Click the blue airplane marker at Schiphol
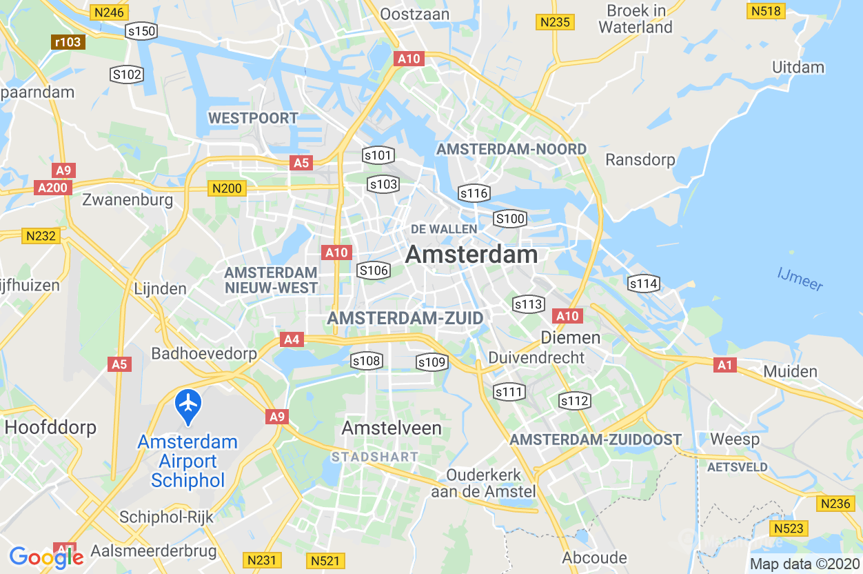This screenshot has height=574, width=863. pyautogui.click(x=187, y=406)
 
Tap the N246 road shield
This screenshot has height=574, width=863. pyautogui.click(x=109, y=12)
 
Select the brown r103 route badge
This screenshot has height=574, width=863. pyautogui.click(x=68, y=42)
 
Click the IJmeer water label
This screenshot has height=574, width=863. pyautogui.click(x=800, y=279)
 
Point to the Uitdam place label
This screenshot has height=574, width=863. pyautogui.click(x=798, y=67)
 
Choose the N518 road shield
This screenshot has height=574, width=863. pyautogui.click(x=766, y=11)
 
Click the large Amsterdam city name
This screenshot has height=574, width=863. pyautogui.click(x=471, y=255)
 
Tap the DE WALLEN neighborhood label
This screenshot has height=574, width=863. pyautogui.click(x=444, y=228)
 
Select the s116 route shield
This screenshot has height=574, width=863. pyautogui.click(x=474, y=193)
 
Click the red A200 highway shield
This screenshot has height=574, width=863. pyautogui.click(x=52, y=188)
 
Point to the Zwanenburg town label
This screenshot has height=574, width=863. pyautogui.click(x=128, y=201)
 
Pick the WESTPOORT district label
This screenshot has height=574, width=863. pyautogui.click(x=253, y=118)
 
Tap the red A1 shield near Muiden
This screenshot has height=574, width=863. pyautogui.click(x=725, y=364)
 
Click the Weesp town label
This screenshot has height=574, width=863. pyautogui.click(x=734, y=439)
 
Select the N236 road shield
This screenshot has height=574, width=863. pyautogui.click(x=835, y=504)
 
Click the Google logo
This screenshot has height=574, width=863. pyautogui.click(x=46, y=557)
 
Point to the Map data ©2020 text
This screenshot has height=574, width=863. pyautogui.click(x=804, y=564)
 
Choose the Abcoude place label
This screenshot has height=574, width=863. pyautogui.click(x=594, y=557)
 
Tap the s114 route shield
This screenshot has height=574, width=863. pyautogui.click(x=643, y=284)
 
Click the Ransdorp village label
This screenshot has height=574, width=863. pyautogui.click(x=640, y=159)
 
